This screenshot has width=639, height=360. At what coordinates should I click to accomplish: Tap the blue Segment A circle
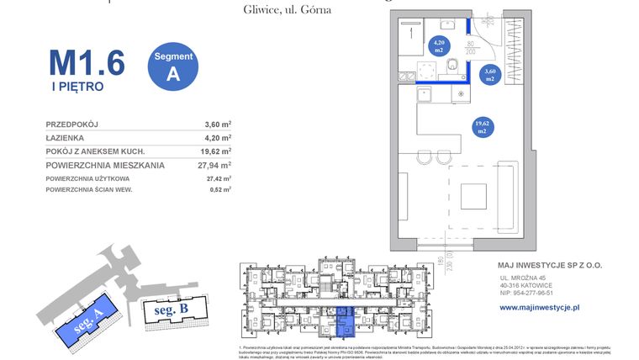[173, 66]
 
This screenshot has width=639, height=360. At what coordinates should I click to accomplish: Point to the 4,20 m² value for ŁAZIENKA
[217, 137]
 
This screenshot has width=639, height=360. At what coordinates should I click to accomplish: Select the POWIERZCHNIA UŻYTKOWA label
[87, 179]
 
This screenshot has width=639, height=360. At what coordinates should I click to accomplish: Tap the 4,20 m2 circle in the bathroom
[439, 46]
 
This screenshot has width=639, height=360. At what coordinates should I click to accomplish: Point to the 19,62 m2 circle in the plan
[482, 127]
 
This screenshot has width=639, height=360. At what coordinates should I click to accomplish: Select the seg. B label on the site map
[172, 310]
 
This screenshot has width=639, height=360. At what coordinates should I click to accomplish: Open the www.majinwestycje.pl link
[540, 308]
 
